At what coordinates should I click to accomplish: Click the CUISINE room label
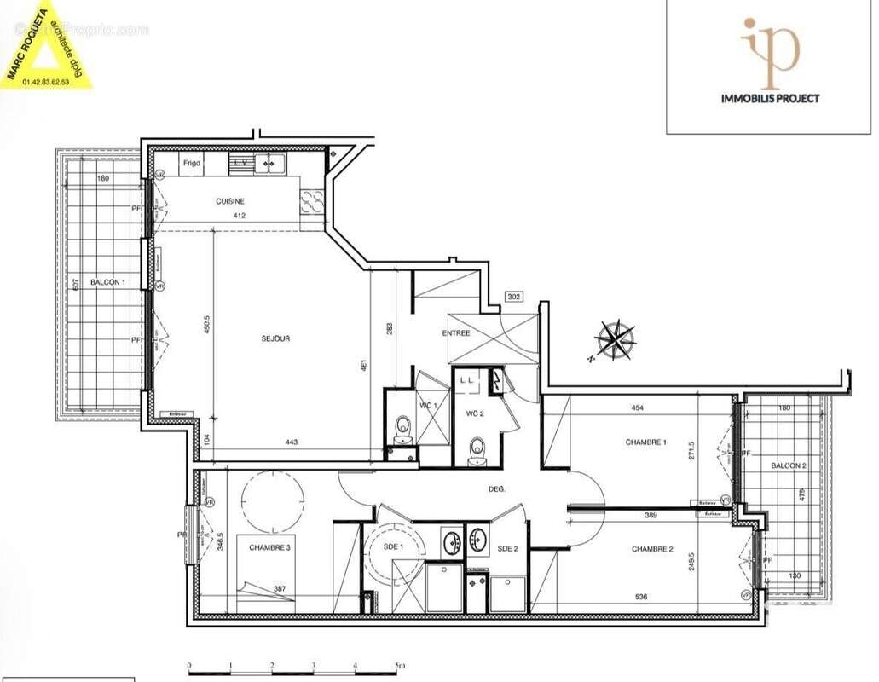point(230,201)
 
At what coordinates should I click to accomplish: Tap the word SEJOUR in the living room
point(275,338)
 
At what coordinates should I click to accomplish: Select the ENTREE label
point(456,333)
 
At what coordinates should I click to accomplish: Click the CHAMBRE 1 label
point(645,442)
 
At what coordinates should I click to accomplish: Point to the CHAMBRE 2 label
point(653,550)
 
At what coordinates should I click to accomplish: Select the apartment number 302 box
point(514,297)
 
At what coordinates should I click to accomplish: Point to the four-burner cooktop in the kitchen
point(311,201)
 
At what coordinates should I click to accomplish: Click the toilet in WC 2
point(477,449)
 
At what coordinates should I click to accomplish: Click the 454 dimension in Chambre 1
point(637,408)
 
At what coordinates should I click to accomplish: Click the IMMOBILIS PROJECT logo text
point(770,98)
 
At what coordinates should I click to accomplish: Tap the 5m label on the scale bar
point(400,665)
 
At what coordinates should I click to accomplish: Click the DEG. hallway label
point(497,489)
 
